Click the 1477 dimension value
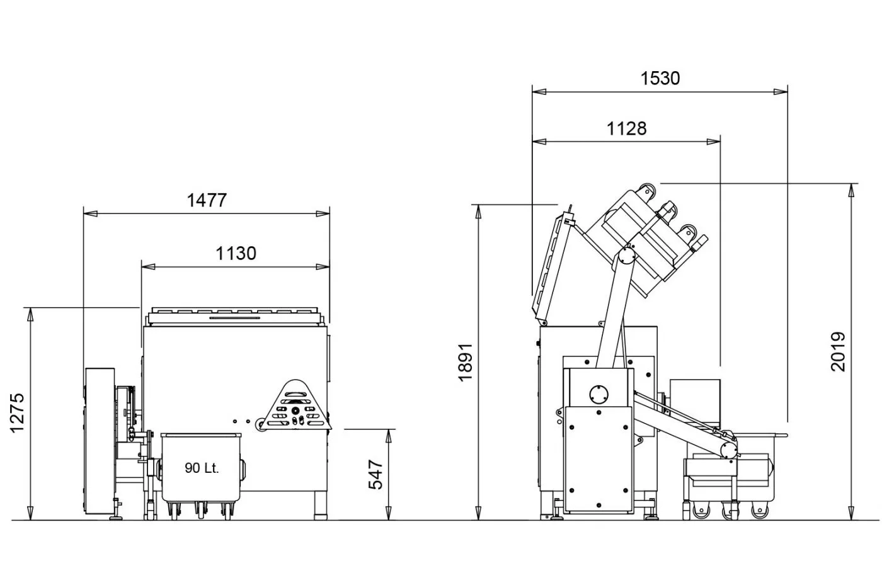[207, 200]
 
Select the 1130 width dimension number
[236, 254]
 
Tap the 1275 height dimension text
[18, 413]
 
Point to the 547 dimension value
[375, 474]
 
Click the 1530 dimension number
[660, 78]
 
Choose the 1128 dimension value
[626, 128]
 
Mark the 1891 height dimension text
[466, 362]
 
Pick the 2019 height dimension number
[839, 352]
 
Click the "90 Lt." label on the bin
[202, 468]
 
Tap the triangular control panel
[296, 405]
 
